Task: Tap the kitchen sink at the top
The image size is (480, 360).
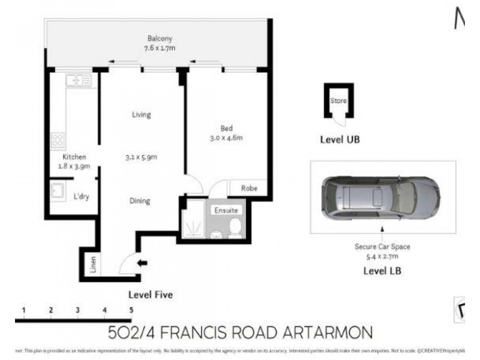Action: coord(79,80)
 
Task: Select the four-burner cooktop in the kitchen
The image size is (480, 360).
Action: coord(58,140)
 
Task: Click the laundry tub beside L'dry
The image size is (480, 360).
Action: coord(58,191)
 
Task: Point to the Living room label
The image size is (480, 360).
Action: coord(142,115)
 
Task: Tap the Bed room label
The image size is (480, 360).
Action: coord(226,128)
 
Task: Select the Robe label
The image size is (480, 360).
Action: coord(250,188)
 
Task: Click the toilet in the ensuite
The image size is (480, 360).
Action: coord(235,227)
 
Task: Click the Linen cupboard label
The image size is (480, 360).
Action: coord(92,264)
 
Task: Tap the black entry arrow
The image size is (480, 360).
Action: coord(142,263)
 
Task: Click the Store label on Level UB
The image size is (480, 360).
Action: coord(338,101)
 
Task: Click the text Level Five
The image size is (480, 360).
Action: coord(151,295)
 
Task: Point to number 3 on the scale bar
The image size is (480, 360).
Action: coord(78,310)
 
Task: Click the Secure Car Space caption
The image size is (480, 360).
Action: coord(382,247)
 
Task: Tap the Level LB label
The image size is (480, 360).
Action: coord(382,271)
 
